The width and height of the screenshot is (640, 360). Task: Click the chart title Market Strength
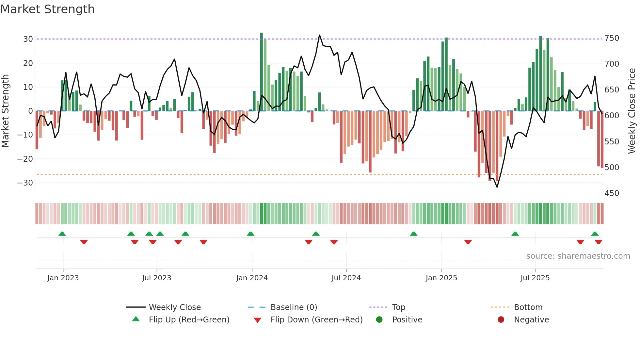click(48, 9)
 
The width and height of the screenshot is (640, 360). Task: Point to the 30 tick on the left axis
click(28, 39)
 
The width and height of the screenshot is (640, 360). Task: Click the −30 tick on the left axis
click(25, 183)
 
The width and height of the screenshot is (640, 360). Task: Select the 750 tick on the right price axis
click(612, 38)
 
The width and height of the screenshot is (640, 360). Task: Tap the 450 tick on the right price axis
click(612, 193)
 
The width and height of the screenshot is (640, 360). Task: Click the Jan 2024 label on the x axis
click(252, 278)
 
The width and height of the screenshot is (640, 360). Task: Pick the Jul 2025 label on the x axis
click(535, 278)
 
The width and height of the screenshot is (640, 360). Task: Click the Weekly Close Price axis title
click(632, 111)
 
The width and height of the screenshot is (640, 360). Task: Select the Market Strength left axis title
click(5, 111)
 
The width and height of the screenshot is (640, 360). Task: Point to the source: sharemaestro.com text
click(578, 256)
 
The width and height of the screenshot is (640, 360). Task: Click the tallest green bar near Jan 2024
click(262, 72)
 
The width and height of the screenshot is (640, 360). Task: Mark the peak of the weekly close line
click(319, 35)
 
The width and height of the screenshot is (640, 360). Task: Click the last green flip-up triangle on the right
click(595, 234)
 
